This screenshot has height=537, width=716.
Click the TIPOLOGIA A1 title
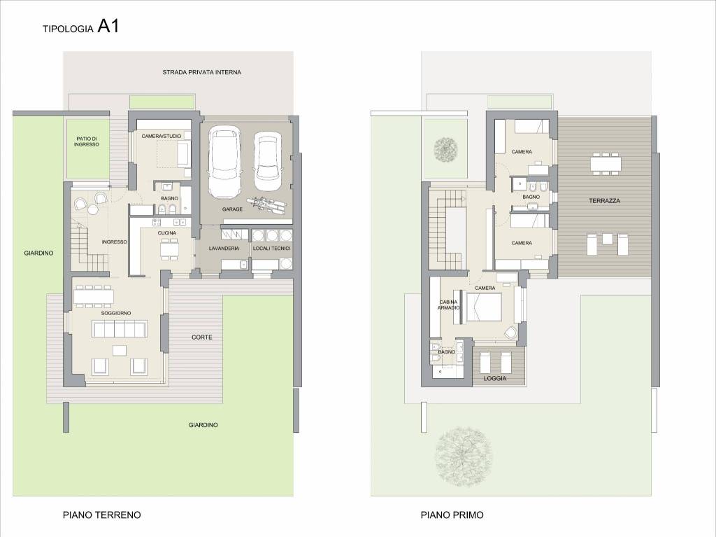(x=81, y=27)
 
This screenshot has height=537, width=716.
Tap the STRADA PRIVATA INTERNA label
(x=202, y=72)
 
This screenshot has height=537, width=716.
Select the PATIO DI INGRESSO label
(x=87, y=141)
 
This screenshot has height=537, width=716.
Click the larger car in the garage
(x=224, y=162)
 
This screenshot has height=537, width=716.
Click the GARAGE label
(x=232, y=209)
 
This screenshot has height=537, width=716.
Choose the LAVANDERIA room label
(x=224, y=249)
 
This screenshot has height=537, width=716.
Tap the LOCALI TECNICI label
(x=272, y=249)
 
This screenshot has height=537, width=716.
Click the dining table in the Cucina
(x=169, y=249)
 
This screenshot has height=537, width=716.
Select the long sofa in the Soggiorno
(x=119, y=329)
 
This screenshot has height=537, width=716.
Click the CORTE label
(x=202, y=337)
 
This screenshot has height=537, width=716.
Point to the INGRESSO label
(x=114, y=242)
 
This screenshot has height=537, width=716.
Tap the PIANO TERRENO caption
(x=102, y=515)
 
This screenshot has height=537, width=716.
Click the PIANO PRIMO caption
(x=452, y=515)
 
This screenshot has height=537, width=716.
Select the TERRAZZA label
(x=605, y=201)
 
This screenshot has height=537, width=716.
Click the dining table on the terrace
(x=606, y=164)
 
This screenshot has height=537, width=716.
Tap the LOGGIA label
(x=495, y=378)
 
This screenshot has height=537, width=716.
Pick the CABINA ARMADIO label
(x=448, y=305)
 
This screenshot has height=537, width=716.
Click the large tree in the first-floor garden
(x=464, y=456)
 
